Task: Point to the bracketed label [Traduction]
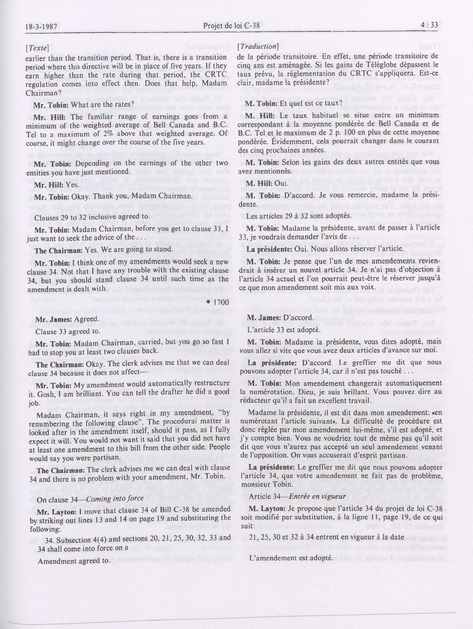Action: (258, 46)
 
